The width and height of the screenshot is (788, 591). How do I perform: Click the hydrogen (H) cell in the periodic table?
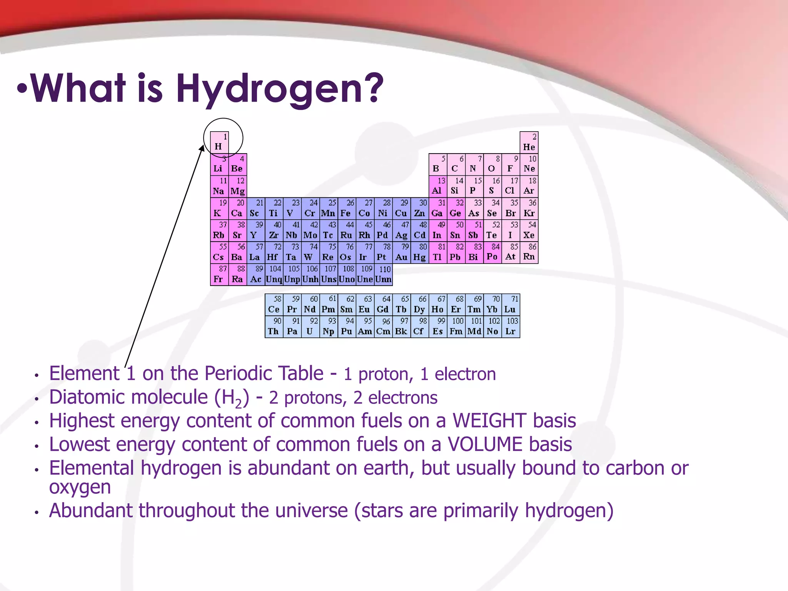[219, 142]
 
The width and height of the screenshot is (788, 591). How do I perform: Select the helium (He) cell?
[529, 142]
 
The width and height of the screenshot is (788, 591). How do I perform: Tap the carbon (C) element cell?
[456, 164]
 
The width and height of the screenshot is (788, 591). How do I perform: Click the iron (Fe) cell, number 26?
[347, 209]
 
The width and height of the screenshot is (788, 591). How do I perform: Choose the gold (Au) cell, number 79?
[401, 253]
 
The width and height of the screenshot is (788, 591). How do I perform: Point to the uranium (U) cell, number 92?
[310, 327]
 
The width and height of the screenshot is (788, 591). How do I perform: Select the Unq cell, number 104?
[274, 275]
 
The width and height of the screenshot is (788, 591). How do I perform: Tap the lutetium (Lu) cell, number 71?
[511, 305]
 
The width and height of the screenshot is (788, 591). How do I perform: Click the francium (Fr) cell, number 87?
[219, 275]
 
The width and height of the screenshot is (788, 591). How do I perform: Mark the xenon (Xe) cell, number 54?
[529, 230]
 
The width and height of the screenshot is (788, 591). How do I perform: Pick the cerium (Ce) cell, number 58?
[274, 305]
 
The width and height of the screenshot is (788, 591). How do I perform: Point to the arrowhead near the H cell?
[202, 149]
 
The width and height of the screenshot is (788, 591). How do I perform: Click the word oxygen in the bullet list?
[80, 487]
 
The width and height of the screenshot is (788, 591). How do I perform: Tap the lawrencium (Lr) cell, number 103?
[511, 327]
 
